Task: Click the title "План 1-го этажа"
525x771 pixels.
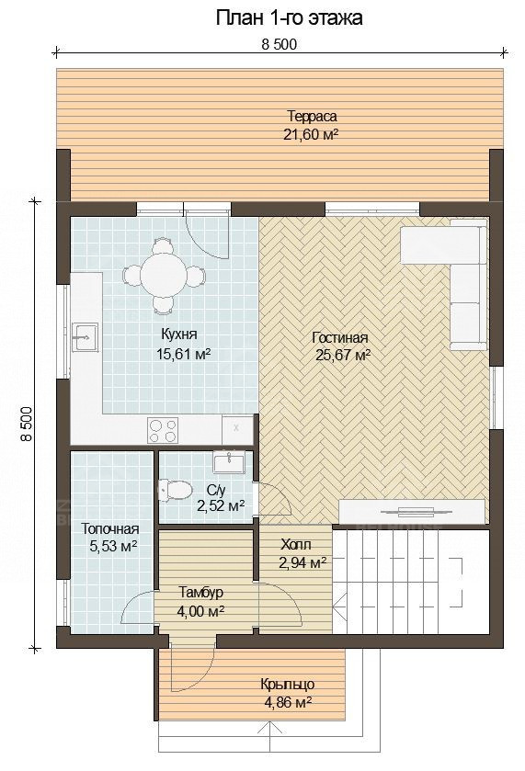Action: pos(290,17)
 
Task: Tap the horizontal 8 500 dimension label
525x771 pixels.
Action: pos(279,44)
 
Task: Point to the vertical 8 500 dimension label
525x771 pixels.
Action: pos(27,424)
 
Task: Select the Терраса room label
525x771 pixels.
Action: pos(312,116)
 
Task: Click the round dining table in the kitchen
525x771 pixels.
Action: pos(163,276)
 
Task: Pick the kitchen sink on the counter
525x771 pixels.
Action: pos(85,337)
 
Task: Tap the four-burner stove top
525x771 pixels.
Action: pos(163,430)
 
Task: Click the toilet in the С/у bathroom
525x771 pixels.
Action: pos(175,490)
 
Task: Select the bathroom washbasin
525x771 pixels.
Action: pos(229,462)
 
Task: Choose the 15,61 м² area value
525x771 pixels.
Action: pos(184,354)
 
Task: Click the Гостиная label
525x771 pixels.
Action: pos(340,338)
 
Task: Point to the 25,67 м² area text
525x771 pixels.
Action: pos(343,355)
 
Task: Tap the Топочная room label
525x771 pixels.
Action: pos(109,529)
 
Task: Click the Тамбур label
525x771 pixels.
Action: pos(200,592)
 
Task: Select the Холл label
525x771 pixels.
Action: pos(296,544)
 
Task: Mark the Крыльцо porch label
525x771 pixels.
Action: pos(288,684)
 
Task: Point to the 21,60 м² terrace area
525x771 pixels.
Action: pos(311,134)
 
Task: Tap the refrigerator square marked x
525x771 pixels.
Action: pos(236,429)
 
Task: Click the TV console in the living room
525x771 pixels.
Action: pos(412,511)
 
